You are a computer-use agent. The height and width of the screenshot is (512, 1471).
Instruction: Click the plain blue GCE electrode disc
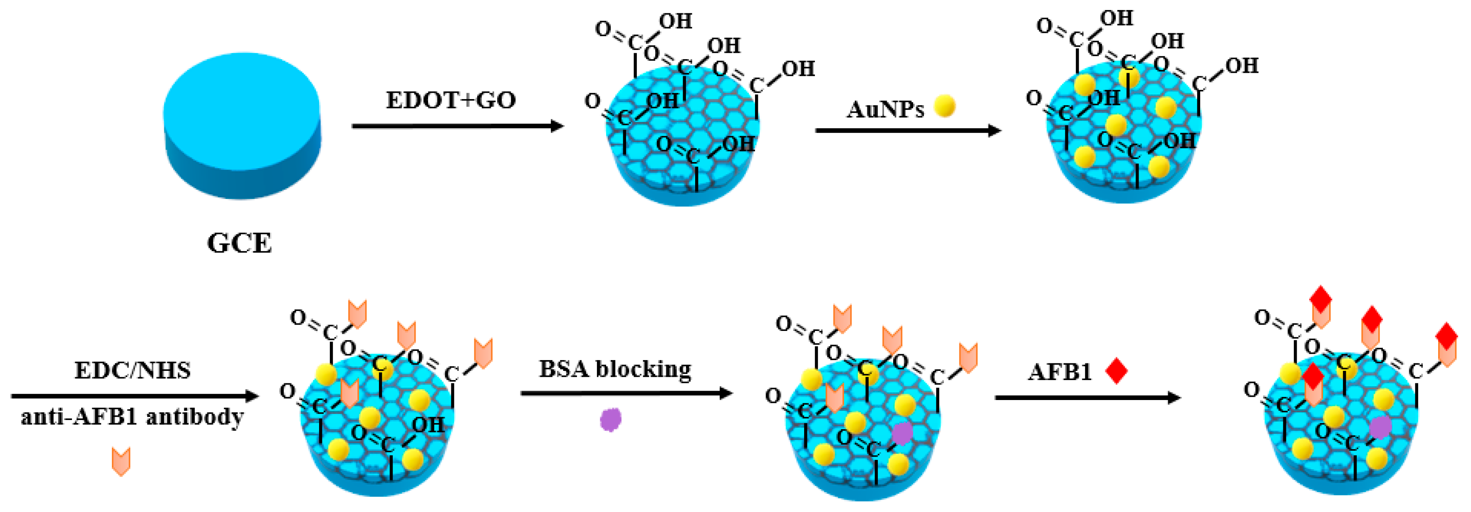[242, 123]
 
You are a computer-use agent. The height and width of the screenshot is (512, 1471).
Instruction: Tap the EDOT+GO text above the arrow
[451, 101]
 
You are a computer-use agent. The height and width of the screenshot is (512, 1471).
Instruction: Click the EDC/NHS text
[132, 370]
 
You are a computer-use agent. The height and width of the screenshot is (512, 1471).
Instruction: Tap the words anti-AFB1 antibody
[132, 417]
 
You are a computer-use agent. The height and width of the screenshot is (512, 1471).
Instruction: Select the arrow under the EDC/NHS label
[135, 395]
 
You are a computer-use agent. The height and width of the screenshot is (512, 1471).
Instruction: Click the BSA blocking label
[615, 369]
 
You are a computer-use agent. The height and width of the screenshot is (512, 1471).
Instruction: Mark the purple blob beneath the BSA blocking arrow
[610, 420]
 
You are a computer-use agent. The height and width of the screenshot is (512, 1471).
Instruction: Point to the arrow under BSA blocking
[627, 393]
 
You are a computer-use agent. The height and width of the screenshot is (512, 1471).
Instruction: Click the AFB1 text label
[1059, 372]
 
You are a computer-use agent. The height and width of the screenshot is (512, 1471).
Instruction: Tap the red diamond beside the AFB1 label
[1117, 371]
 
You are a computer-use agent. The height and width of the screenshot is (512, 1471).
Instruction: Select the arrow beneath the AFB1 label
[1088, 397]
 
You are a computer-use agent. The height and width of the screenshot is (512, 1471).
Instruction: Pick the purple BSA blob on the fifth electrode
[901, 433]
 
